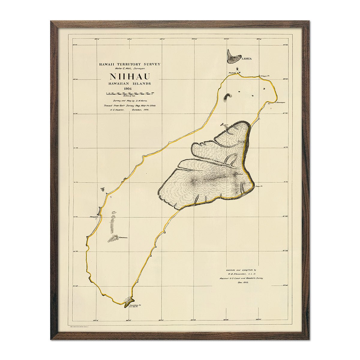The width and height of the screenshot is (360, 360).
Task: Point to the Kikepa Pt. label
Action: [265, 76]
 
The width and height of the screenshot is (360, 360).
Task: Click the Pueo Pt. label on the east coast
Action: [259, 186]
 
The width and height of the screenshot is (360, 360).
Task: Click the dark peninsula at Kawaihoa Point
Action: [128, 301]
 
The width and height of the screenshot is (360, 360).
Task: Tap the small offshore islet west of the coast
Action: [103, 189]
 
